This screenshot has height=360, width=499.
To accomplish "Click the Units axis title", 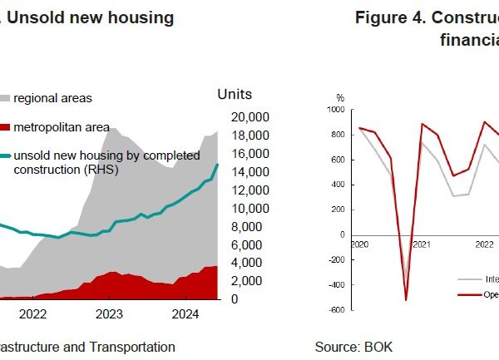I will click(x=234, y=95).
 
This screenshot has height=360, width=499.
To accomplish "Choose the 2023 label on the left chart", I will click(x=110, y=313).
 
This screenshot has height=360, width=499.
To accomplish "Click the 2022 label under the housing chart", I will click(x=32, y=313).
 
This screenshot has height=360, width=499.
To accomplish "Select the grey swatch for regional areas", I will click(x=4, y=98).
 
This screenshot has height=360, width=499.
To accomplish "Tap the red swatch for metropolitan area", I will click(x=4, y=126).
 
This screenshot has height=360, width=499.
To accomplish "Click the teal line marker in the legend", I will click(x=4, y=155).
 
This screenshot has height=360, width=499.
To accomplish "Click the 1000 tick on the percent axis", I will click(x=335, y=109).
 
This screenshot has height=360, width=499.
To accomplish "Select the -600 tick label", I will click(x=335, y=309).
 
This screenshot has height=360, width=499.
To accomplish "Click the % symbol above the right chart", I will click(x=339, y=98).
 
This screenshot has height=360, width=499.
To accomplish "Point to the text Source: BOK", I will click(x=353, y=347).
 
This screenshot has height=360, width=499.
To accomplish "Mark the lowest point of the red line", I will click(x=406, y=299).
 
